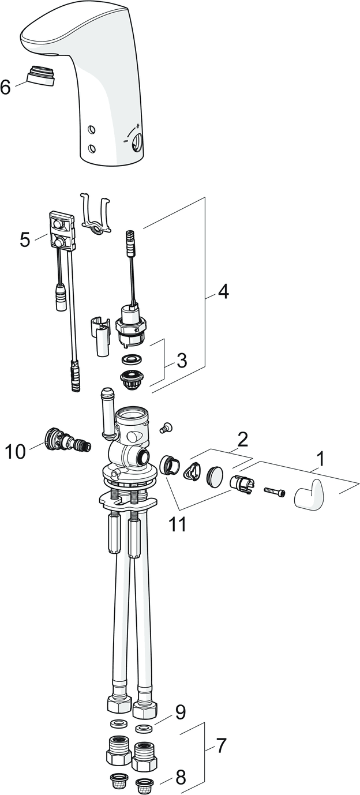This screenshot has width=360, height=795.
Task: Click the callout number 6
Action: click(6, 87)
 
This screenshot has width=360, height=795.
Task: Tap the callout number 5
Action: click(24, 239)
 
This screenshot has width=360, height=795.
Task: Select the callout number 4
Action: click(223, 292)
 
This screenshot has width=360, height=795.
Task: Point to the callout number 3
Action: click(182, 361)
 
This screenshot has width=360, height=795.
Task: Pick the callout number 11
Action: click(178, 525)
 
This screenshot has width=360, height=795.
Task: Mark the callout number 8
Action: click(181, 778)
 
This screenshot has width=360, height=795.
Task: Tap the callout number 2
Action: click(243, 440)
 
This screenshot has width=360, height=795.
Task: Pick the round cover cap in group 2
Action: click(216, 476)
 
